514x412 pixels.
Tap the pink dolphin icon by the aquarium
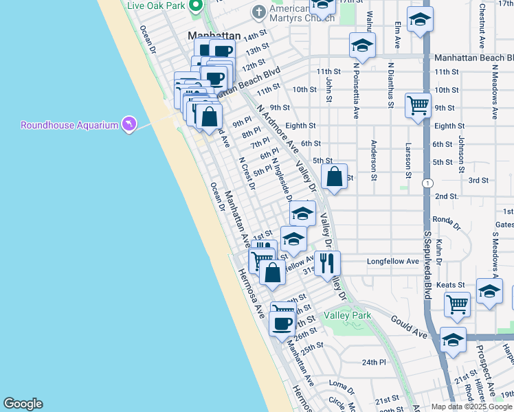click(128, 124)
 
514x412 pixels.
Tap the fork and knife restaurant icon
click(326, 263)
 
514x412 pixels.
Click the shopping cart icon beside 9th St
click(418, 106)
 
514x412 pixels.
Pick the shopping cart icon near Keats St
click(457, 304)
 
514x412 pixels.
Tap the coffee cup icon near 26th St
click(282, 322)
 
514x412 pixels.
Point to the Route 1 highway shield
click(428, 183)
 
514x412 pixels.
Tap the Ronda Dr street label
click(446, 220)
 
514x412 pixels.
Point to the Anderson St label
click(374, 161)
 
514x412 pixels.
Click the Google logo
click(23, 404)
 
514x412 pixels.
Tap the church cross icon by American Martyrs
click(258, 11)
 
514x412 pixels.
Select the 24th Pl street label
click(375, 362)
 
